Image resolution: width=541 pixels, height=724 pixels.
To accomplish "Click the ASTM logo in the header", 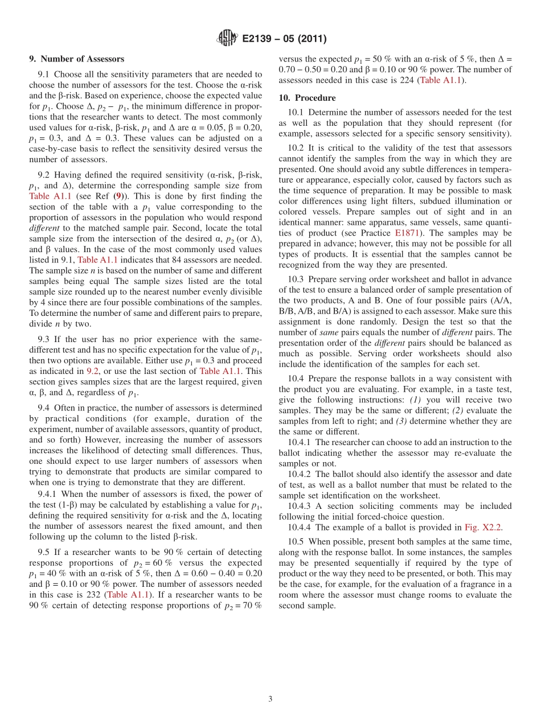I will pyautogui.click(x=228, y=39).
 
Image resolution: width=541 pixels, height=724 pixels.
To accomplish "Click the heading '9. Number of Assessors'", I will pyautogui.click(x=76, y=59).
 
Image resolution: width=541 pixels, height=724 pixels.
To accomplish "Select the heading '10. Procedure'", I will pyautogui.click(x=307, y=98).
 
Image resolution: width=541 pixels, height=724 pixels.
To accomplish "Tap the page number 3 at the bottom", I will pyautogui.click(x=270, y=699).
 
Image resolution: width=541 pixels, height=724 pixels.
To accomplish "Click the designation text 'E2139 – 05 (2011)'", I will pyautogui.click(x=284, y=39).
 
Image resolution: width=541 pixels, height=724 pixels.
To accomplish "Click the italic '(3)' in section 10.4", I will pyautogui.click(x=402, y=421).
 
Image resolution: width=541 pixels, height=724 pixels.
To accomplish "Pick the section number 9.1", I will pyautogui.click(x=44, y=74).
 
